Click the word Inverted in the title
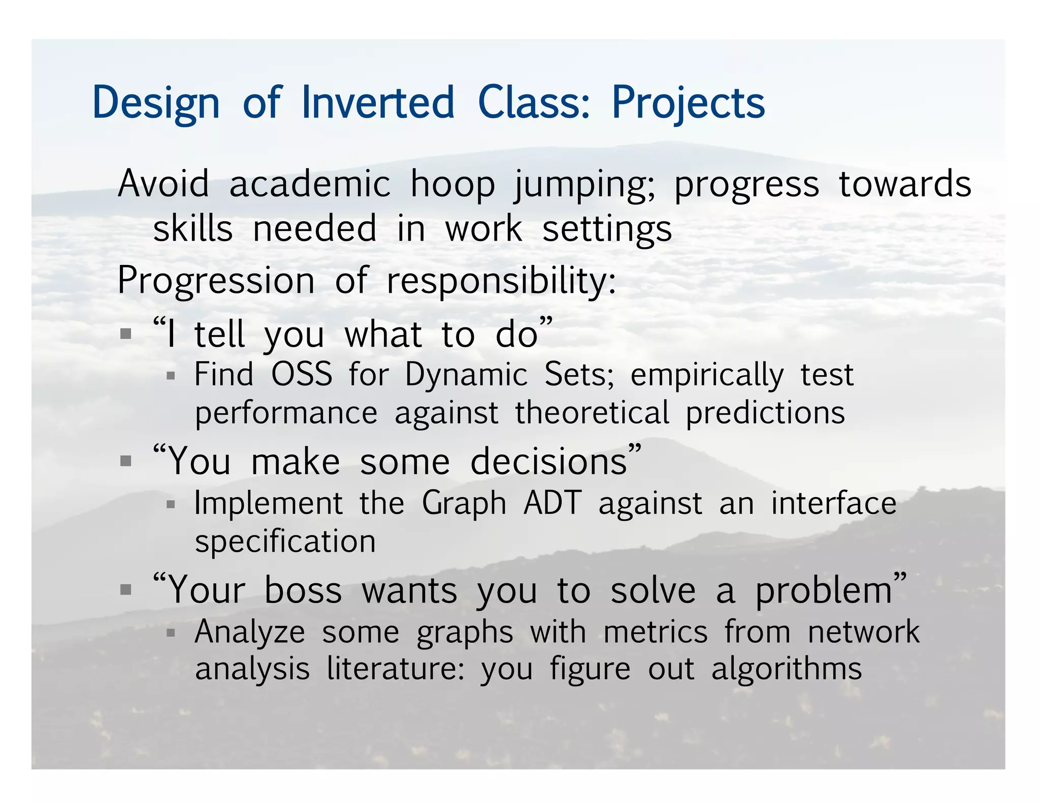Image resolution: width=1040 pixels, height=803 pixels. [378, 103]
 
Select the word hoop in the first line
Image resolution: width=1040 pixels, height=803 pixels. [452, 184]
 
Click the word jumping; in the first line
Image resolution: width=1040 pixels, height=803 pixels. [584, 185]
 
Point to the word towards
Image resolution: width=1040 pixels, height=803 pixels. [905, 184]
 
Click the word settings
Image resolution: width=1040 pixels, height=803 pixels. [607, 230]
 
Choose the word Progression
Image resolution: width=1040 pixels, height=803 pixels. [216, 281]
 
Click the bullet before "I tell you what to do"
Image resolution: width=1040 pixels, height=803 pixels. [126, 334]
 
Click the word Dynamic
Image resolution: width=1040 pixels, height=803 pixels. [466, 376]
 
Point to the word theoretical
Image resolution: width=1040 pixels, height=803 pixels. [592, 413]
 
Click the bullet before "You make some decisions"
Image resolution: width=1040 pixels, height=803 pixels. [126, 461]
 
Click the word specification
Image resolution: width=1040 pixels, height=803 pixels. [285, 542]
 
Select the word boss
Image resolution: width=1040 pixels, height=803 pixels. [303, 591]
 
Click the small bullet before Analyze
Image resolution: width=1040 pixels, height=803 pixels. [171, 632]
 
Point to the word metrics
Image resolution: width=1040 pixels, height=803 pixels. [655, 632]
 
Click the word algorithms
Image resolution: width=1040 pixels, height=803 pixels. [786, 670]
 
